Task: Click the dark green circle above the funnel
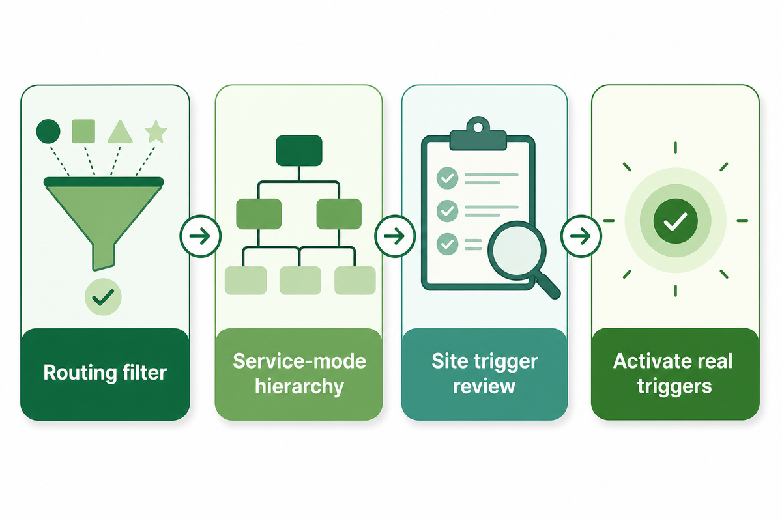(48, 131)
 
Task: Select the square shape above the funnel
(83, 131)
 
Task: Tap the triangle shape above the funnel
(120, 132)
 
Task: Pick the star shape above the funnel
(156, 132)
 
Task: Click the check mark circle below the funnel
(103, 297)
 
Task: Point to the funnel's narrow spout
(104, 257)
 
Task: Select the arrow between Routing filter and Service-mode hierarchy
(200, 236)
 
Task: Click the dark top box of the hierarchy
(299, 150)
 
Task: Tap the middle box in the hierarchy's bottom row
(300, 281)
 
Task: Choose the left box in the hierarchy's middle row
(259, 214)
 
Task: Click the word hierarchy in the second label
(299, 386)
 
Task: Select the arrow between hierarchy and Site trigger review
(395, 236)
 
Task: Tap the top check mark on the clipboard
(447, 178)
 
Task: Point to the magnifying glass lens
(516, 250)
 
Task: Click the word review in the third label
(484, 386)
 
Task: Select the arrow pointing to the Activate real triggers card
(581, 236)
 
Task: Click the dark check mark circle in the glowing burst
(676, 221)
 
